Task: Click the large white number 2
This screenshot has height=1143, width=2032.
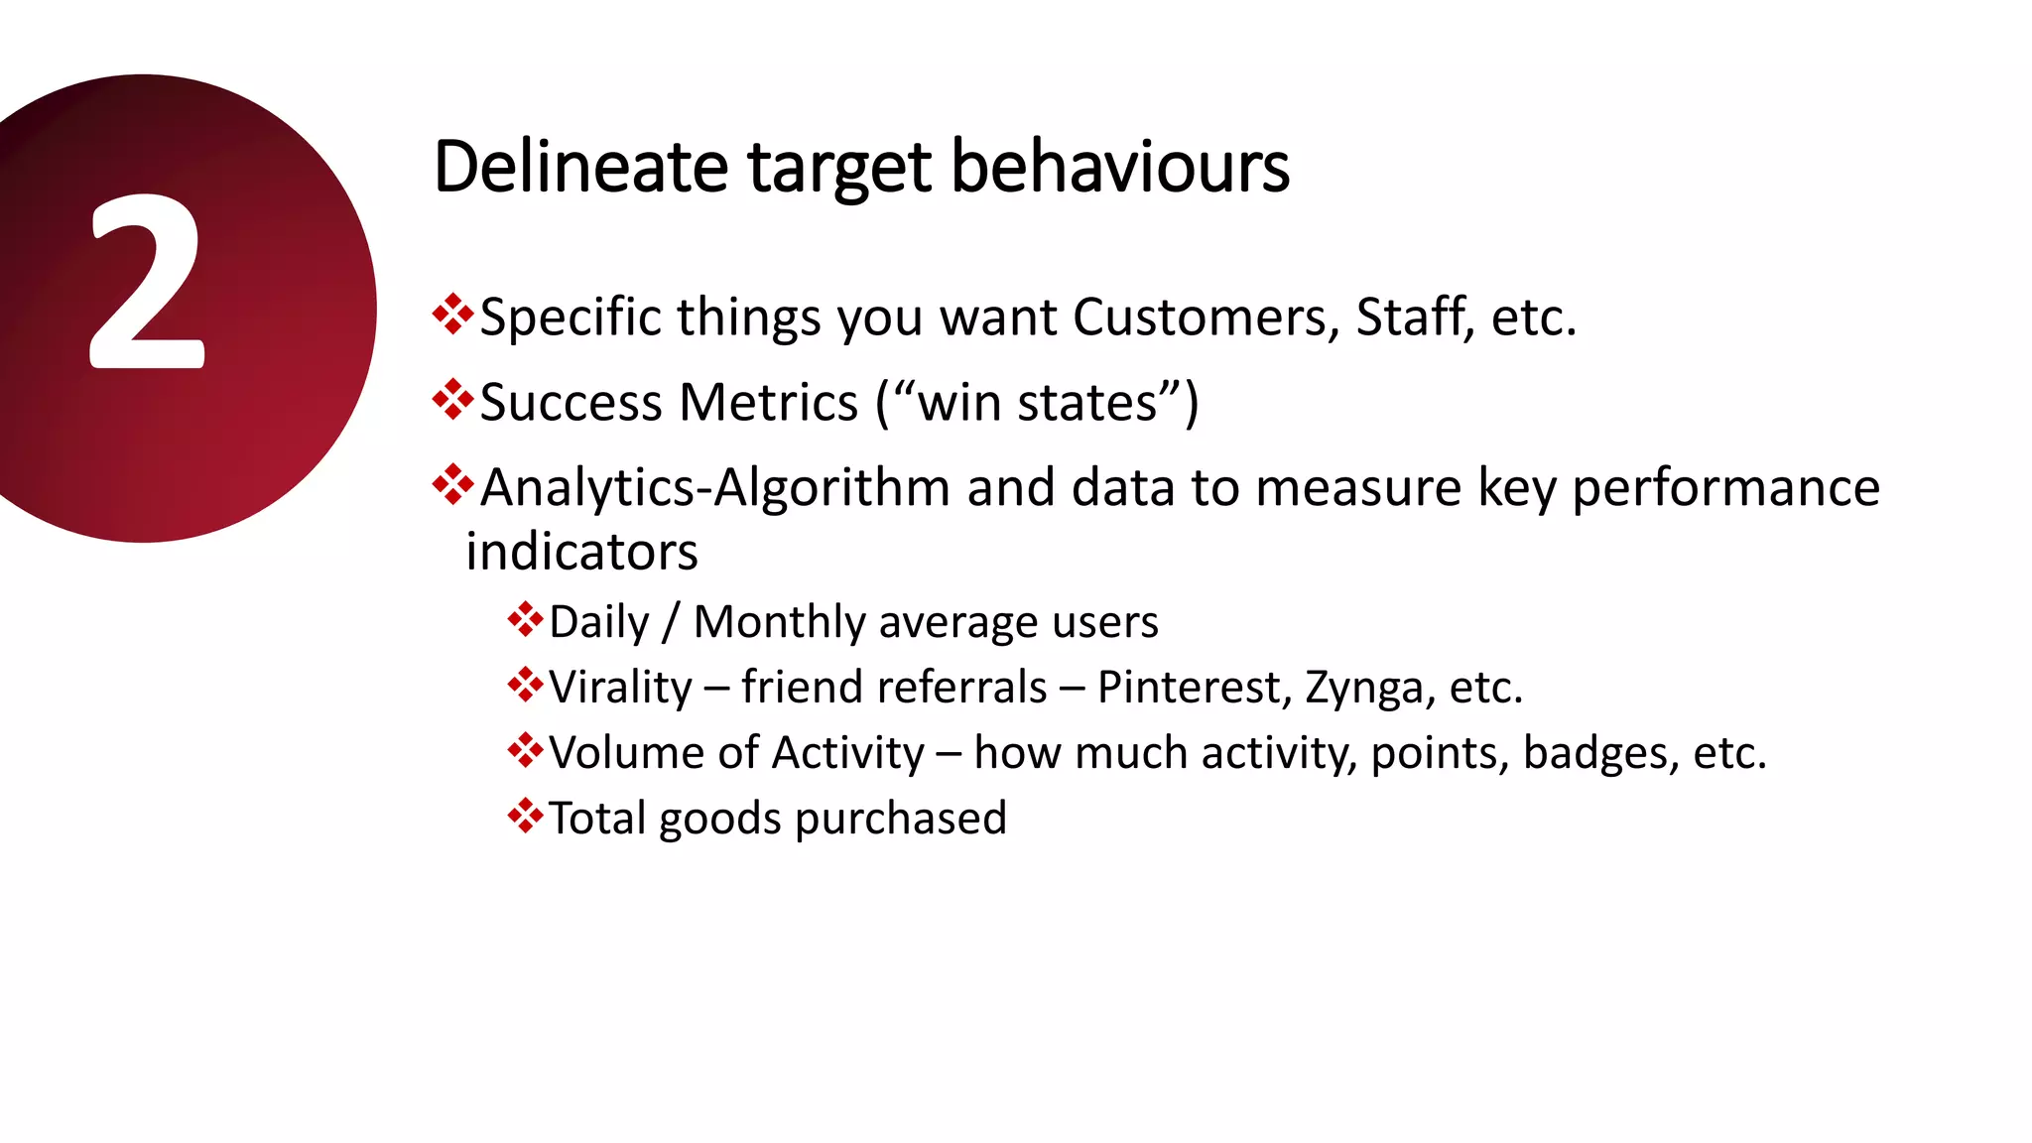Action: (x=147, y=283)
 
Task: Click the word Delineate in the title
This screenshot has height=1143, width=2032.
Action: (x=580, y=167)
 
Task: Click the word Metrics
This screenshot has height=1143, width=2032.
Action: (x=768, y=403)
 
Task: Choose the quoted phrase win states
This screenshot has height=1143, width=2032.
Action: (x=1037, y=403)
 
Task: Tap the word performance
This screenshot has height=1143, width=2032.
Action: (x=1725, y=488)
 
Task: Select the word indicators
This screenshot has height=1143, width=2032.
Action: (x=581, y=552)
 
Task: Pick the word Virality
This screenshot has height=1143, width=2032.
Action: (x=620, y=688)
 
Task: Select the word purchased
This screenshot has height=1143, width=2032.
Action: (x=900, y=819)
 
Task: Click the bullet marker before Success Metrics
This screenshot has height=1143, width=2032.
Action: (x=452, y=399)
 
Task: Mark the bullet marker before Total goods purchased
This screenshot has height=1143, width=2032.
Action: (x=525, y=816)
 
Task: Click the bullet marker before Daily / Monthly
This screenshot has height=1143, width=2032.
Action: (x=525, y=619)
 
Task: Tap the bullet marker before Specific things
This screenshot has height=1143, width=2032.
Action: (x=452, y=314)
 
